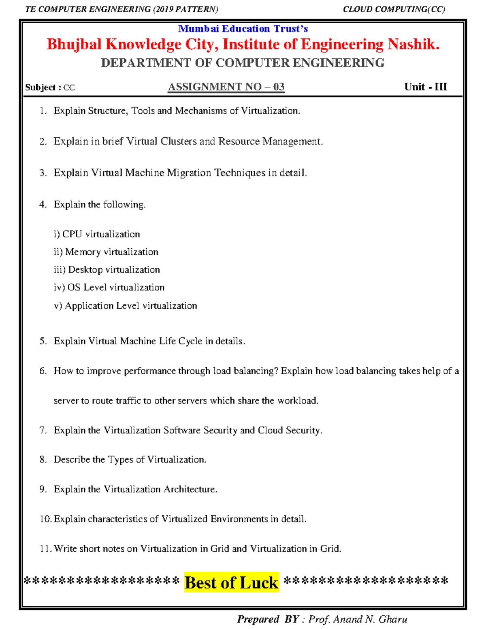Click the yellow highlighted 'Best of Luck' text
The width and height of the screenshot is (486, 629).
[x=231, y=582]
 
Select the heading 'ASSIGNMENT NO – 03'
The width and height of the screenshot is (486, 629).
[x=226, y=87]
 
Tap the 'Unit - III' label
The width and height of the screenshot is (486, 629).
[x=425, y=87]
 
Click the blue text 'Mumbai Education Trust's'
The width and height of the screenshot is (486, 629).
[x=243, y=29]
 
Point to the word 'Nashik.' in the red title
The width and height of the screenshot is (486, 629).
[x=414, y=45]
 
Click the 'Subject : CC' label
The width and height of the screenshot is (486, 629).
[x=50, y=87]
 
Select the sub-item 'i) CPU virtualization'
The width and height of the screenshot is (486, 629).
[x=97, y=234]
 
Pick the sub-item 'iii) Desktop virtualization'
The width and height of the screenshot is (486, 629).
[x=107, y=270]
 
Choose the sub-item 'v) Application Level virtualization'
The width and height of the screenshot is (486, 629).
[x=126, y=306]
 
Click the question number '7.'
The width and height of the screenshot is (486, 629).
[x=43, y=430]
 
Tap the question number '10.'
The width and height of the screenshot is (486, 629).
[x=45, y=519]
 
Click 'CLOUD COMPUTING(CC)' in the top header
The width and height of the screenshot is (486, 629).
[x=394, y=9]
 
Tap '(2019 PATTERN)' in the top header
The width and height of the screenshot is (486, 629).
[x=185, y=9]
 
